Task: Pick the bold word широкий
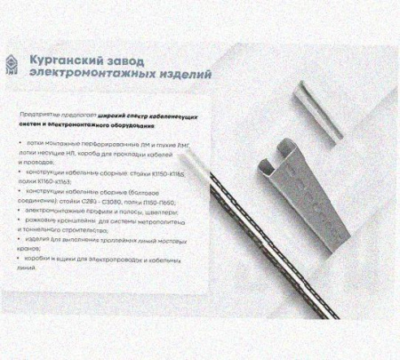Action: click(111, 116)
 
